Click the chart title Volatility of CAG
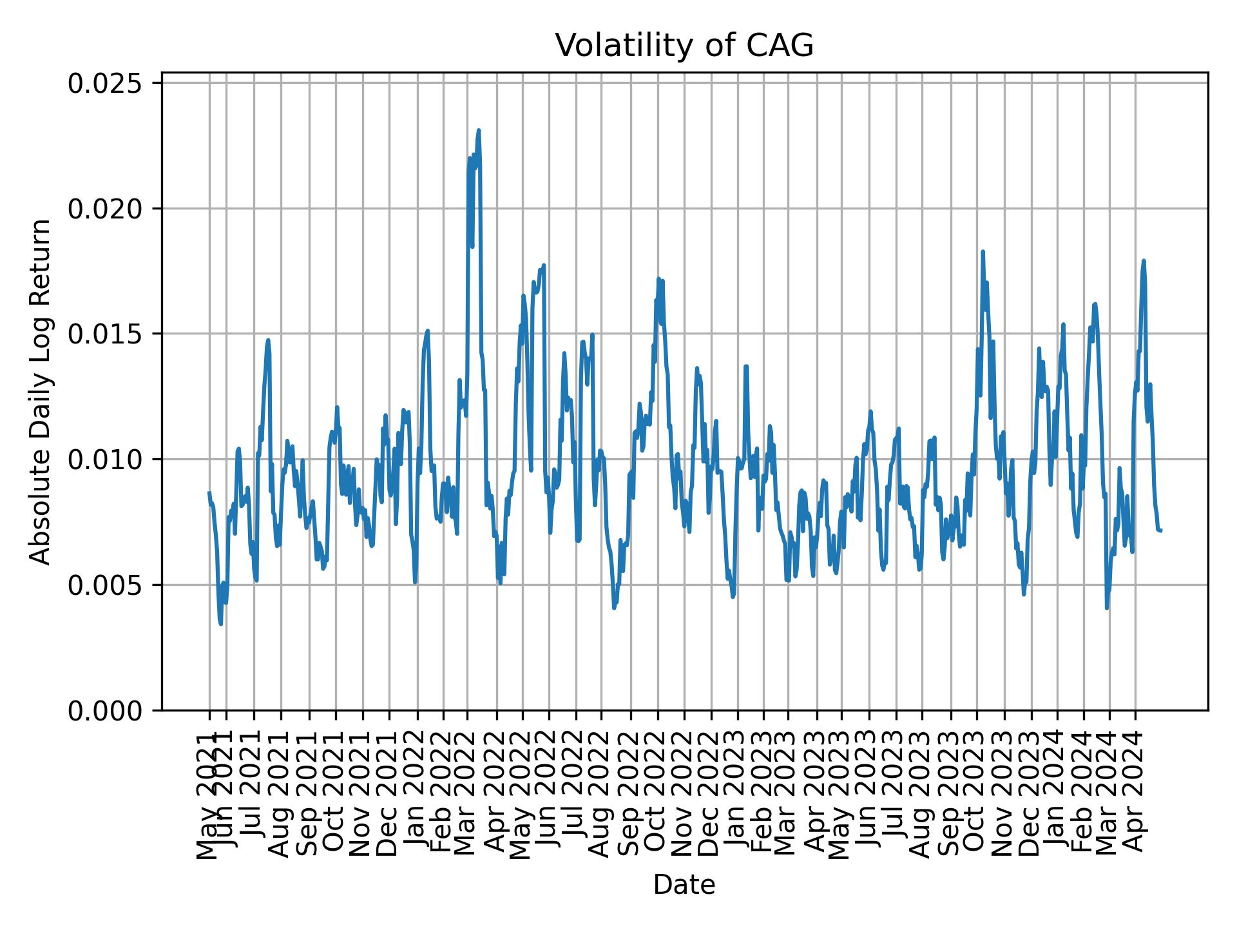click(x=684, y=46)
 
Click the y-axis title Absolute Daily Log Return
click(x=41, y=392)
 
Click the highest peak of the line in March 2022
click(x=479, y=130)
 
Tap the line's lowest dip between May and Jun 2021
click(x=221, y=624)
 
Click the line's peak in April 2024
click(x=1144, y=260)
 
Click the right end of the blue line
click(x=1160, y=530)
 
